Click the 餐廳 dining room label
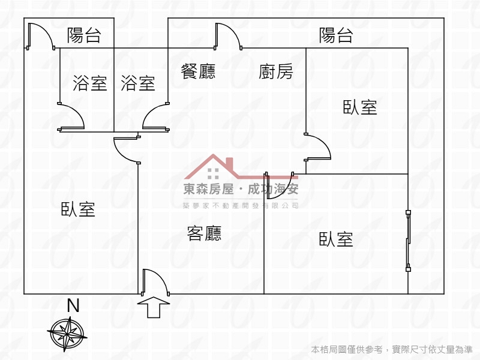[198, 71]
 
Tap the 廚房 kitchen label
[276, 71]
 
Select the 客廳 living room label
[204, 233]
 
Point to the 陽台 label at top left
[84, 35]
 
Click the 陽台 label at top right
[336, 35]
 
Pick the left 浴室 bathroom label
[90, 83]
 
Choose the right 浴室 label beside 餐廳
[138, 83]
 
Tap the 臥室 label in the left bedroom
[78, 209]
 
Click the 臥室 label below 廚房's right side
[360, 107]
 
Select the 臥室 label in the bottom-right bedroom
[336, 239]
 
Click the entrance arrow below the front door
[154, 307]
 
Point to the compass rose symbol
[67, 334]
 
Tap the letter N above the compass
[73, 305]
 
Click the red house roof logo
[241, 167]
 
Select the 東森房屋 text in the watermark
[208, 189]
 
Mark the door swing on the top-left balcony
[41, 36]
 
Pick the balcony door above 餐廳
[228, 36]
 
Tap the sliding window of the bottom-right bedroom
[408, 241]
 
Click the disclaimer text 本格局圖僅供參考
[347, 349]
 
